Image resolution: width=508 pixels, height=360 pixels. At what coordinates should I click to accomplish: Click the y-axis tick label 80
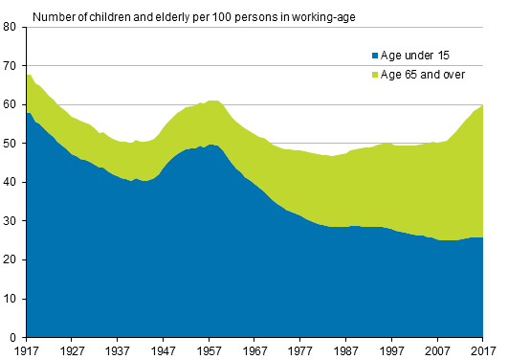(x=12, y=28)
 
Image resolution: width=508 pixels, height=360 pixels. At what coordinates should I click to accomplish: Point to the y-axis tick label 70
(x=12, y=66)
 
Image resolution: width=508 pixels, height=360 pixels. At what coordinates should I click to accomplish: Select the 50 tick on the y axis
(x=12, y=144)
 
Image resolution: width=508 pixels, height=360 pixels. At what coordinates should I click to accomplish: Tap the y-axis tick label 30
(x=12, y=221)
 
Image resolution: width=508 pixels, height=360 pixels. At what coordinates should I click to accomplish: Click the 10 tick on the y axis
(x=12, y=299)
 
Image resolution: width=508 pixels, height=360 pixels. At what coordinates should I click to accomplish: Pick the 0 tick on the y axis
(x=15, y=337)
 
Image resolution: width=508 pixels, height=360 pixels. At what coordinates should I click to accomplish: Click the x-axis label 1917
(x=28, y=350)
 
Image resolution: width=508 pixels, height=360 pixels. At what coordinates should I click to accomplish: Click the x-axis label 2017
(x=484, y=350)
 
